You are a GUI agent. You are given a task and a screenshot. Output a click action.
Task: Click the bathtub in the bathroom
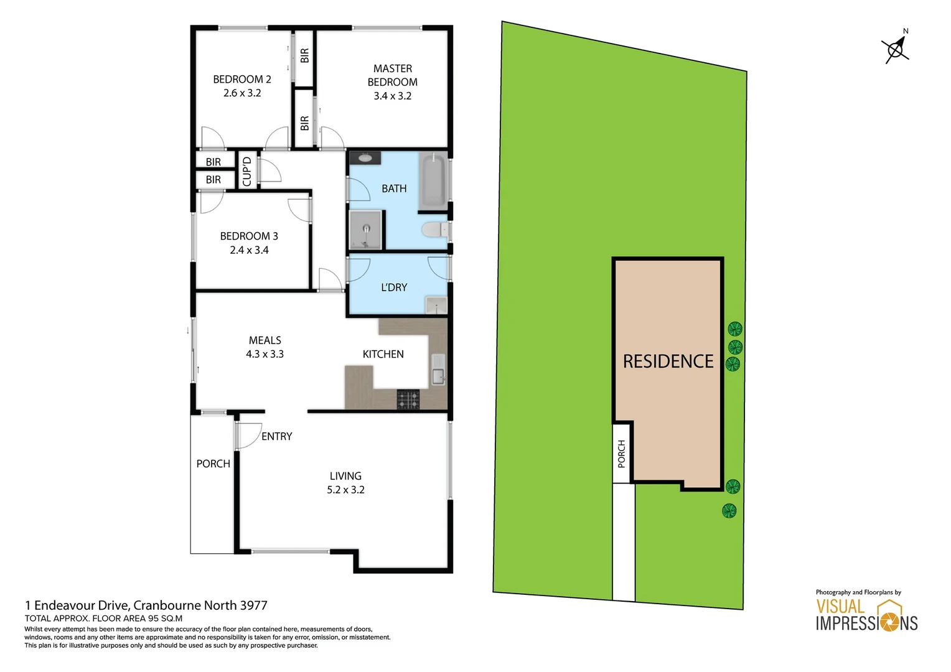coord(433,182)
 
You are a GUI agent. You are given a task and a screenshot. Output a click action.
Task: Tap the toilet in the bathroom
coord(434,230)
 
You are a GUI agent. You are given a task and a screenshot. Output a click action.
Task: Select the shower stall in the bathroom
coord(365,230)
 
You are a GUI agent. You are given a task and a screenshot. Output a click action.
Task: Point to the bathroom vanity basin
coord(365,157)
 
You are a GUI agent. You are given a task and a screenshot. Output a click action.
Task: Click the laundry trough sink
coord(436,305)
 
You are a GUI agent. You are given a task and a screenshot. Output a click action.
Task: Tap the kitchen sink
coord(438,370)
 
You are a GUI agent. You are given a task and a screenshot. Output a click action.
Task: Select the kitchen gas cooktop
coord(408,399)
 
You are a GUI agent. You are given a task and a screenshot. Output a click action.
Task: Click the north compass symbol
coord(896,48)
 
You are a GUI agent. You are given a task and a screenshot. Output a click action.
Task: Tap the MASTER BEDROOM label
coord(392,75)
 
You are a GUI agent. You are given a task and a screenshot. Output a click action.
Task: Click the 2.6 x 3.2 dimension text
coord(242,93)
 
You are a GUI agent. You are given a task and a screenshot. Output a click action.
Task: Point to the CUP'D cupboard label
coord(247,172)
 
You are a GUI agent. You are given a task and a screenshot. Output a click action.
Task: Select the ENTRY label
coord(276,437)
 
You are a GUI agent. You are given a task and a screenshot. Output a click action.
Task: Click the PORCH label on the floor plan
coord(213,464)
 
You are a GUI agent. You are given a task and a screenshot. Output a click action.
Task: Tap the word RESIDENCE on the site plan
coord(668,362)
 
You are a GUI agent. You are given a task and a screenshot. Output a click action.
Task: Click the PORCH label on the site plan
coord(621,453)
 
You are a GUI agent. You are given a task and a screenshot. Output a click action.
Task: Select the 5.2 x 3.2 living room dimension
coord(345,490)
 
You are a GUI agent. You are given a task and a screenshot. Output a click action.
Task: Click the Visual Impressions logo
coord(866,615)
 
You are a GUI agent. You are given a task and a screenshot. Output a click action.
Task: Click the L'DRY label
coord(394,287)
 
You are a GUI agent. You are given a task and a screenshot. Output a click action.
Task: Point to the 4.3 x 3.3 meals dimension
coord(265,355)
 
